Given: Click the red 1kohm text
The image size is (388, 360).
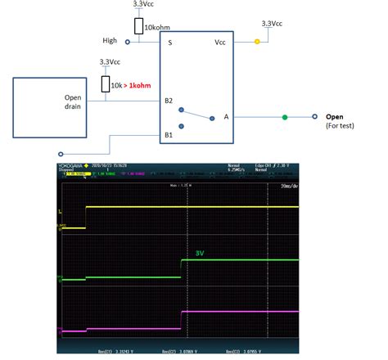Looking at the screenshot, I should (141, 85).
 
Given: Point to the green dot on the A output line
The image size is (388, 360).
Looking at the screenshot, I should (284, 117).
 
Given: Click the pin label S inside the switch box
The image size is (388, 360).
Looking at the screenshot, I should (169, 41).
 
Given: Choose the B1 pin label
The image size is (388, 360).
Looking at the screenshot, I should (169, 134).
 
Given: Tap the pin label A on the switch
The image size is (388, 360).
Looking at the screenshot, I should (226, 117).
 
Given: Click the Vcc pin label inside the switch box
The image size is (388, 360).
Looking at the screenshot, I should (219, 41).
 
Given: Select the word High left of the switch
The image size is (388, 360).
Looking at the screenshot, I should (109, 40).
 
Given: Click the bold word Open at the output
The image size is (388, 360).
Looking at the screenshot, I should (335, 116).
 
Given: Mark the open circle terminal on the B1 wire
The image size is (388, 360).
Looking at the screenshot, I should (62, 153).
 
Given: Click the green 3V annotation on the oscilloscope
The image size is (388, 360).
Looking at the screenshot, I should (200, 254).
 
